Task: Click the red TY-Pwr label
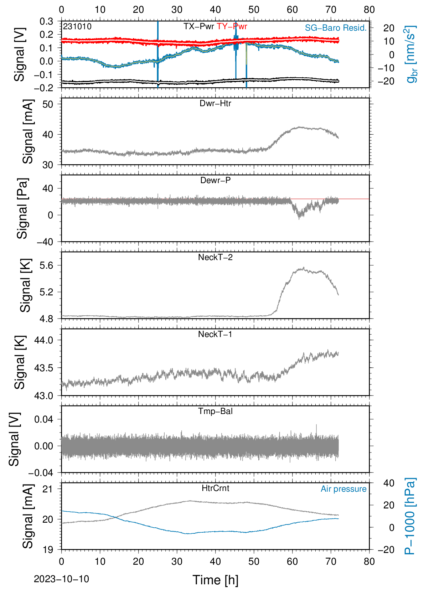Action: coord(232,26)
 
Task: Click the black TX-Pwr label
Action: coord(199,26)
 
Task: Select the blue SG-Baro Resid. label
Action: coord(336,28)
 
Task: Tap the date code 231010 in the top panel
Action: coord(77,26)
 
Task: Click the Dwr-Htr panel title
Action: coord(215,103)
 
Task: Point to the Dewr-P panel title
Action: coord(215,180)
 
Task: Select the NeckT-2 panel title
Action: coord(215,257)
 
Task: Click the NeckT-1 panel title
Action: coord(215,334)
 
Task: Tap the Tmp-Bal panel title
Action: coord(215,411)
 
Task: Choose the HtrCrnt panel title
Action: coord(216,488)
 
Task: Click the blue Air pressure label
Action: coord(343,489)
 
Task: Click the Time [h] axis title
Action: coord(215,580)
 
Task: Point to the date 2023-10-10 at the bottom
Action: coord(61,579)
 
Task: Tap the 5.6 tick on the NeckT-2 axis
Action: coord(46,265)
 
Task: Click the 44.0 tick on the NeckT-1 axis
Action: coord(43,340)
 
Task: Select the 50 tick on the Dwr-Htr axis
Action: coord(48,104)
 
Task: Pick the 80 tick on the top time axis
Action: coord(369,10)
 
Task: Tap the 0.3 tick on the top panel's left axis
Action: coord(46,21)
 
